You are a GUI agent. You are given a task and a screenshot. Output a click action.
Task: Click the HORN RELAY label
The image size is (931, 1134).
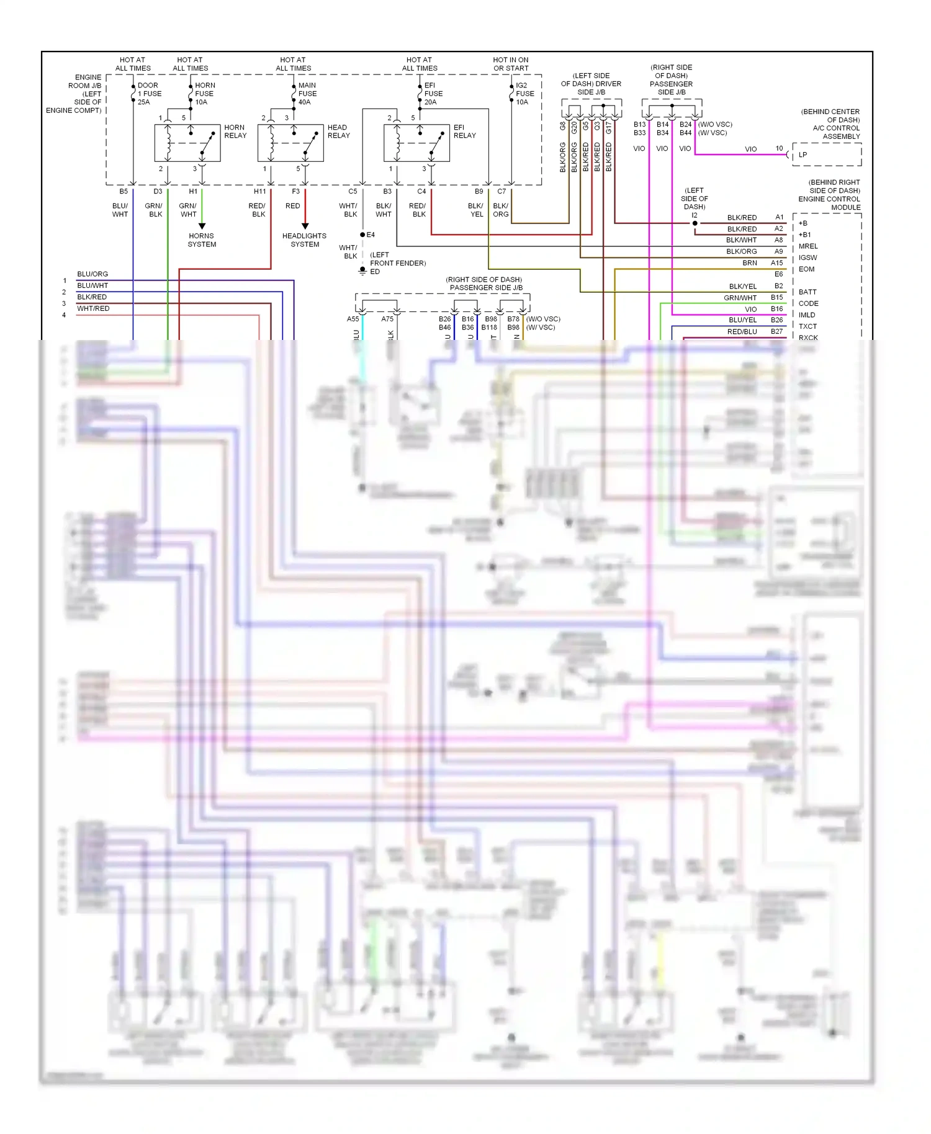235,132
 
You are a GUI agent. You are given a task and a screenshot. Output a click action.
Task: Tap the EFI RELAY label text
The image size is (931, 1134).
464,132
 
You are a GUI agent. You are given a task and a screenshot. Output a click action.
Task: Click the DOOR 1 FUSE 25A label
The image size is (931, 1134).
149,94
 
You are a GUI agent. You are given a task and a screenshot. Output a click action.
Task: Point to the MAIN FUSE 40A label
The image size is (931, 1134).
307,94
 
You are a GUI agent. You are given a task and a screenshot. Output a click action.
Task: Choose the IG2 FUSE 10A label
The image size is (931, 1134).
524,94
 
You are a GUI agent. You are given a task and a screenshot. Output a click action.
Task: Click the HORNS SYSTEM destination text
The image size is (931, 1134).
202,240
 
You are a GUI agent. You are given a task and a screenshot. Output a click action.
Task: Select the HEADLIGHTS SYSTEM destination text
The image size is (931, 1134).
304,240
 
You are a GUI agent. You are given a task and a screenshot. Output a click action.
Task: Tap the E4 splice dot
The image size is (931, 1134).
362,234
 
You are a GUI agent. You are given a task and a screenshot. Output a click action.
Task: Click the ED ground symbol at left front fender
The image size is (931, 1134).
362,271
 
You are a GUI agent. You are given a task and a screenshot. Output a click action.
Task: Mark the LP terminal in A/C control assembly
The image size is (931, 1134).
803,155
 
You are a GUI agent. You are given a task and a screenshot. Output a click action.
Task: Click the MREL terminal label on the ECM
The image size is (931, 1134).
808,246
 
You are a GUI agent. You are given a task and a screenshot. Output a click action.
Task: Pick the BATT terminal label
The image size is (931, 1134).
807,292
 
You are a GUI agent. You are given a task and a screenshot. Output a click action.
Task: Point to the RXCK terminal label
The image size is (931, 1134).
808,337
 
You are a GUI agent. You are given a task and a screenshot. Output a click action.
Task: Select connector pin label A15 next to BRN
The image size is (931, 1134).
776,263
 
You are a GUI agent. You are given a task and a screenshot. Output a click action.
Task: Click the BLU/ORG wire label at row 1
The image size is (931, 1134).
92,274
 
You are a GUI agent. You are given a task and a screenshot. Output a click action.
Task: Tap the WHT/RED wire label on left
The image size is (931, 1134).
93,308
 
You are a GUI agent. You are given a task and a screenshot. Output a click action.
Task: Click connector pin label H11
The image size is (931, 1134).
259,192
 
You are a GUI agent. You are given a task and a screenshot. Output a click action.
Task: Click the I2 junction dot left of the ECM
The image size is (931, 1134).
695,223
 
